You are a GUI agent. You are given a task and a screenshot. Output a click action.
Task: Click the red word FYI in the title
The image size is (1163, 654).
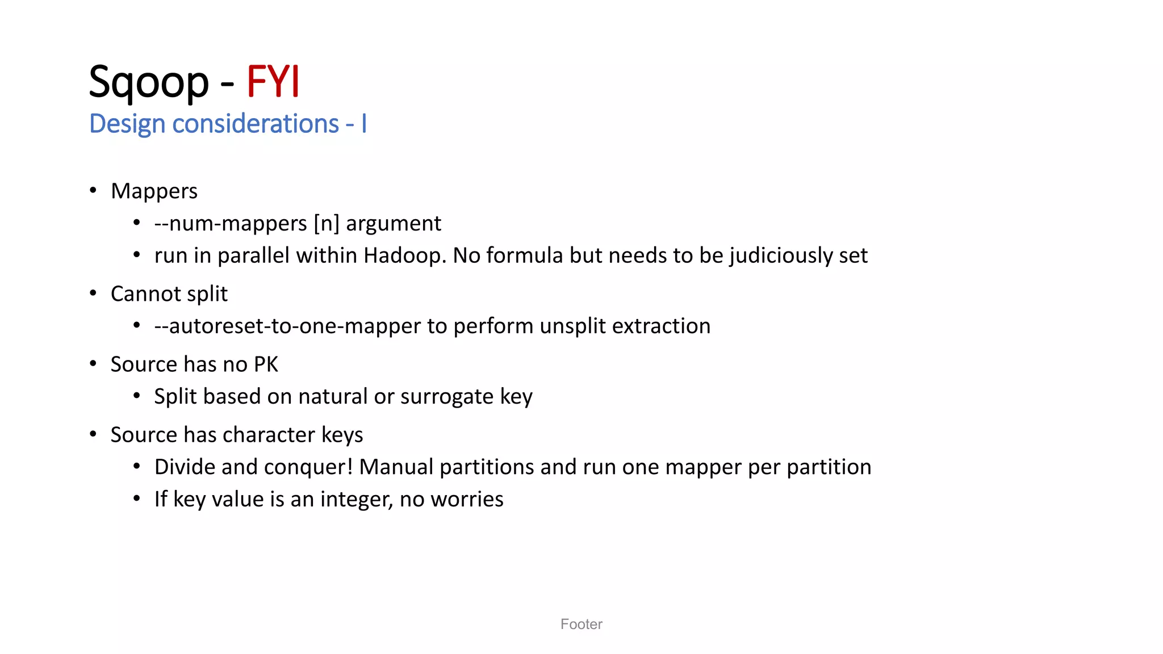(273, 82)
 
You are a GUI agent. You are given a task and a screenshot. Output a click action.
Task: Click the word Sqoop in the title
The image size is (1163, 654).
(149, 82)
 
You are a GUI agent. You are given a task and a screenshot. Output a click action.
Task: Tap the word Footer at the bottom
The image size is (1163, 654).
(581, 624)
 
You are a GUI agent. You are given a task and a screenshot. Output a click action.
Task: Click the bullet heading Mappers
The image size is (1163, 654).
(154, 191)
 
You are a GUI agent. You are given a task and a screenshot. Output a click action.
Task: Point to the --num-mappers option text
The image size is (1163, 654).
(230, 224)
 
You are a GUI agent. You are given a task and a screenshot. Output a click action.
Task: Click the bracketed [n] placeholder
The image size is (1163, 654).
(327, 224)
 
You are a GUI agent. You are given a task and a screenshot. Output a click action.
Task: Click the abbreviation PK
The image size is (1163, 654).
(266, 364)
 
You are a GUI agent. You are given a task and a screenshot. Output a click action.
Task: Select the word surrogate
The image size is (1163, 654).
(447, 397)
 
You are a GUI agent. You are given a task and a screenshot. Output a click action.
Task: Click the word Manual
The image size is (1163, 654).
(396, 467)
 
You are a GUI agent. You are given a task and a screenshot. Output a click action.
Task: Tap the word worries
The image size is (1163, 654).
(467, 500)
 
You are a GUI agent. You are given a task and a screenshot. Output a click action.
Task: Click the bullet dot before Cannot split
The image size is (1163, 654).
(93, 293)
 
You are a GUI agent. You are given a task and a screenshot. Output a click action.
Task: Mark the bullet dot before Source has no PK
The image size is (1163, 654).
(93, 363)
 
